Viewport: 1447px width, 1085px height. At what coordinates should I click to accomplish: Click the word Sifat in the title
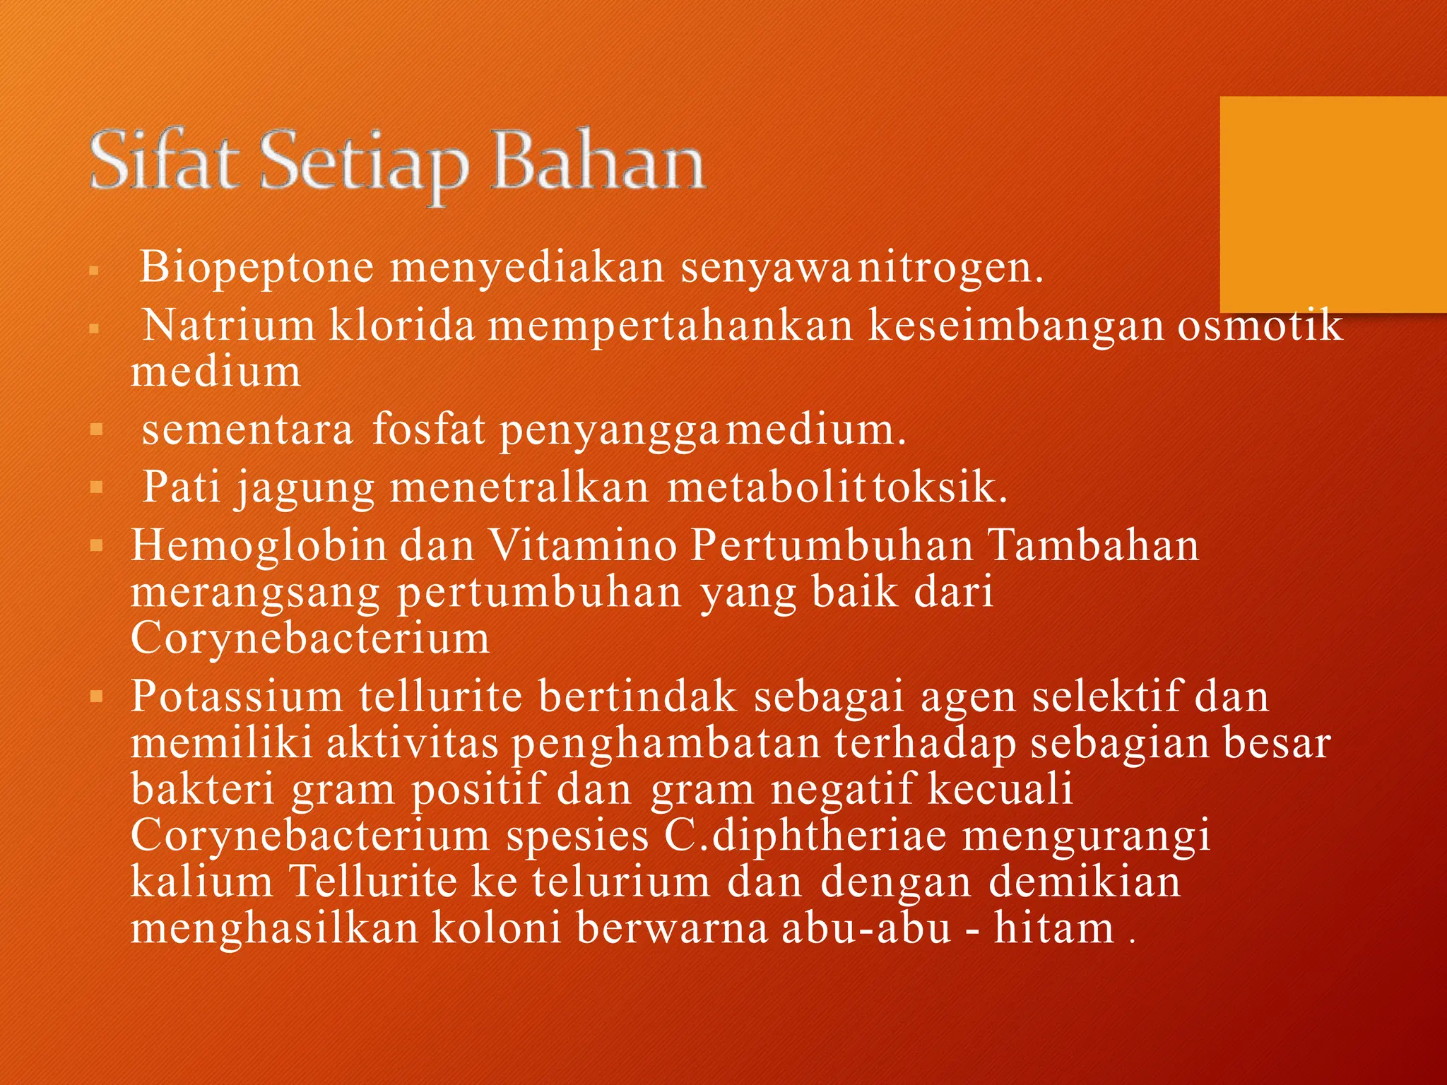[162, 160]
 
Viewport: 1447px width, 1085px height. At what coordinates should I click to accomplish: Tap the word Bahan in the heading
[598, 160]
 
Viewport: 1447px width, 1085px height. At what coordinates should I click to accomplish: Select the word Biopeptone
[256, 268]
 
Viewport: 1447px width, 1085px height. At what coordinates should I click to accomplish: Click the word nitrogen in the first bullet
[950, 268]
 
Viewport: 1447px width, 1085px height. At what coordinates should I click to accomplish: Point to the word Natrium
[229, 326]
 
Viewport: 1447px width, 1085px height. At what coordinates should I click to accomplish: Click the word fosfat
[429, 429]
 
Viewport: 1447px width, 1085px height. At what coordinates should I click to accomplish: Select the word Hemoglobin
[259, 546]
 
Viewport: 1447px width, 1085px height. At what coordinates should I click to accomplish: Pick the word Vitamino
[584, 546]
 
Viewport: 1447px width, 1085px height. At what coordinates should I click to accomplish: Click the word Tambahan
[1093, 546]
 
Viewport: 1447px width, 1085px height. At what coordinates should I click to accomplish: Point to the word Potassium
[237, 696]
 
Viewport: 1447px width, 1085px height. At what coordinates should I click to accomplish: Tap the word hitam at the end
[1054, 928]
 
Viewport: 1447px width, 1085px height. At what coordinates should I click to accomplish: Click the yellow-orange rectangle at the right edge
[1333, 204]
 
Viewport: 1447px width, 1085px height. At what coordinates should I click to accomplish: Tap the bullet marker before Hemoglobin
[98, 546]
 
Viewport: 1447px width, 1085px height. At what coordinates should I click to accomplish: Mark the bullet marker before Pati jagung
[98, 487]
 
